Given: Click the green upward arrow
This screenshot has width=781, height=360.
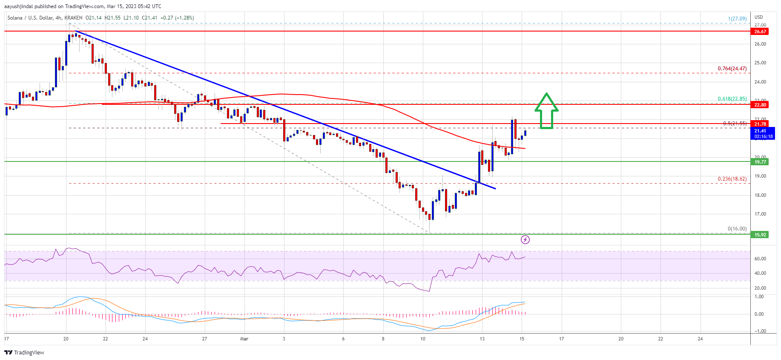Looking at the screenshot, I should coord(546,111).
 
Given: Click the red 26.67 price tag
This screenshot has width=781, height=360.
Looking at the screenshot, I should coord(760,32).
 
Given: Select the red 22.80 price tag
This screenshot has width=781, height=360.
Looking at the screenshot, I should coord(760,105).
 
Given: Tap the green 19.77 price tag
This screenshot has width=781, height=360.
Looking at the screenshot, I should coord(760,162).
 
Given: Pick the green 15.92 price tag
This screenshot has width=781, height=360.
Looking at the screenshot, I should coord(760,235).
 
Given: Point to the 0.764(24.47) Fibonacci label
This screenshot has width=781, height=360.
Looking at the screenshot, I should coord(732,69).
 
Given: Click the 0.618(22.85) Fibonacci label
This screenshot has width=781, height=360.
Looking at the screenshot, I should coord(732,99).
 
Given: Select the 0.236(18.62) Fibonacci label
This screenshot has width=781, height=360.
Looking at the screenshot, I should coord(732,179).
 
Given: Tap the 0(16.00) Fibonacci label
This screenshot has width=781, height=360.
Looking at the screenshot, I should coord(737,229).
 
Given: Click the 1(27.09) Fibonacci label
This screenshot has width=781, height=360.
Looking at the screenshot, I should coord(737,19).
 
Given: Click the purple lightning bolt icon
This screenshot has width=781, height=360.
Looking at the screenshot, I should coord(525,240).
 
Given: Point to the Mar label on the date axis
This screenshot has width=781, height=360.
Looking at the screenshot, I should coord(244,339).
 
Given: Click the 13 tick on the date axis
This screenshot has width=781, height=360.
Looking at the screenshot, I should coord(482,339).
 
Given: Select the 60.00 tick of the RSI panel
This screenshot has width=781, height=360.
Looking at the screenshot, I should coord(760,259).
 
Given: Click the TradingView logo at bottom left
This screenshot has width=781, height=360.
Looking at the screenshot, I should coord(24,352).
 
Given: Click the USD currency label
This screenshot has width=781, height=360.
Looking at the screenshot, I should coord(758,17).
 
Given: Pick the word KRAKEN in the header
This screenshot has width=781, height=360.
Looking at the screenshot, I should coord(73,18).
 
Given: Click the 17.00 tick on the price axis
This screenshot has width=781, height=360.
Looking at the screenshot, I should coord(760,214).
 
